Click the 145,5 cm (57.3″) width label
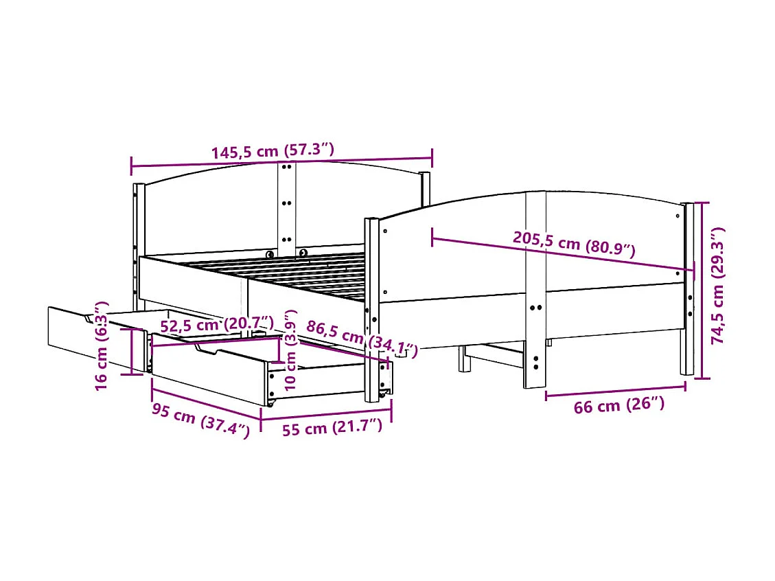273,151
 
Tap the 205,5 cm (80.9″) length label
574,244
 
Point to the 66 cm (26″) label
618,406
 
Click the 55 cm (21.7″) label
332,428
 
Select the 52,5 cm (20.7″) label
217,324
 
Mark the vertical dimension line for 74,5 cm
702,290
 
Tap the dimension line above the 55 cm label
327,413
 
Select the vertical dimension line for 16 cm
132,351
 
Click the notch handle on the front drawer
207,350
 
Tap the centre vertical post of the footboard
535,288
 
